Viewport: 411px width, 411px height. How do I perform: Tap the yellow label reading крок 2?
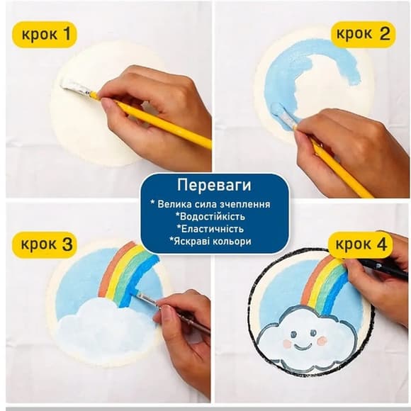pyautogui.click(x=362, y=34)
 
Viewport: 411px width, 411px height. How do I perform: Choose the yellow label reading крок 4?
pyautogui.click(x=361, y=244)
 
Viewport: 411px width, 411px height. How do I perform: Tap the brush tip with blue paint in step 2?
pyautogui.click(x=281, y=113)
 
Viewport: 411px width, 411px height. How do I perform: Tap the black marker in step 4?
pyautogui.click(x=379, y=268)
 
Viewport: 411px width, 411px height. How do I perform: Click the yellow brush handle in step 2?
pyautogui.click(x=340, y=168)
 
